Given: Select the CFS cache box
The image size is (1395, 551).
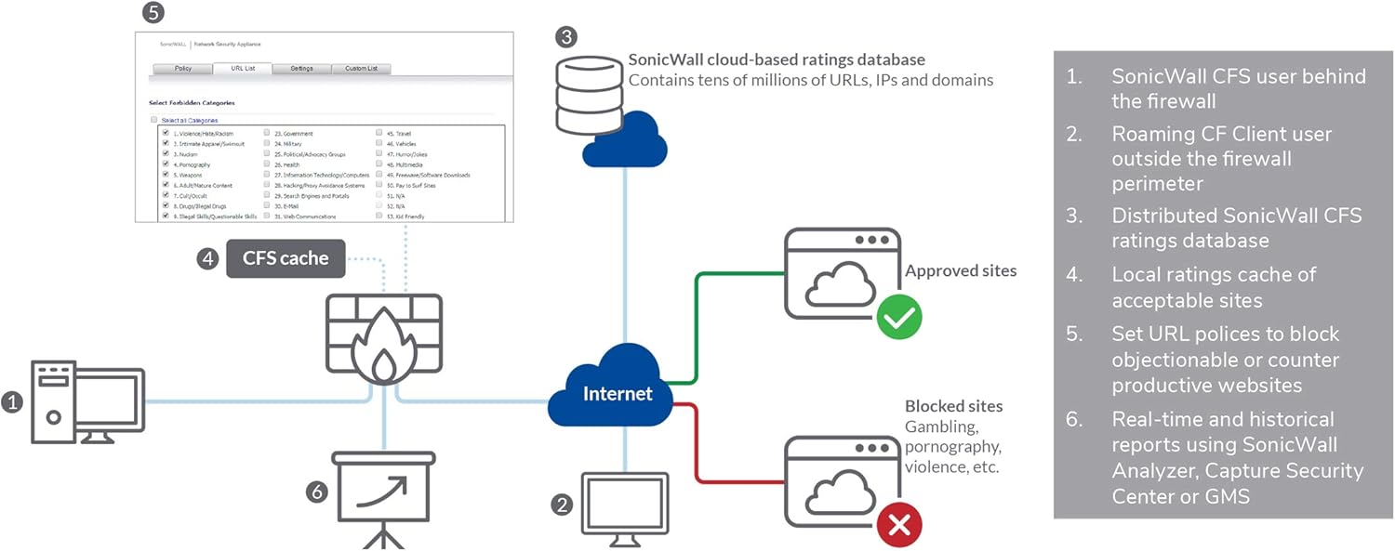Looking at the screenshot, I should click(x=286, y=258).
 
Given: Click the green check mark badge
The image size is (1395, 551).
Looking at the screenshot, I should click(x=899, y=318).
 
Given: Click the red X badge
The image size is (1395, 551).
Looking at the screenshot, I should click(x=899, y=526).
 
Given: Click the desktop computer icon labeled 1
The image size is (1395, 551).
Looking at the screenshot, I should click(x=88, y=402).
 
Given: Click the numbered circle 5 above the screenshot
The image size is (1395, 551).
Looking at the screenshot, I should click(x=154, y=13).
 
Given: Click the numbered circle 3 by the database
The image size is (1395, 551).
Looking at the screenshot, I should click(x=566, y=37).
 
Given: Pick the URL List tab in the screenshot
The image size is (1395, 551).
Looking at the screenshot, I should click(x=242, y=69).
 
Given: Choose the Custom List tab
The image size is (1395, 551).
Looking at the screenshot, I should click(x=361, y=69).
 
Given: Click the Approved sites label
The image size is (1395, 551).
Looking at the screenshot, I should click(x=961, y=271).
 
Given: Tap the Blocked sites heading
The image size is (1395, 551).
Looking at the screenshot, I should click(x=953, y=406).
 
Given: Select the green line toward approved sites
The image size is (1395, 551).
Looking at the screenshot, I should click(x=735, y=275).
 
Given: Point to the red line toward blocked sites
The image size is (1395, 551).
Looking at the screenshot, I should click(x=735, y=481).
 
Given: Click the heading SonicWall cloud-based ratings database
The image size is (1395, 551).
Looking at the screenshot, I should click(x=777, y=59).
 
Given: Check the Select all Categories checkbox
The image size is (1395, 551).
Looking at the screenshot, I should click(x=154, y=120).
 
